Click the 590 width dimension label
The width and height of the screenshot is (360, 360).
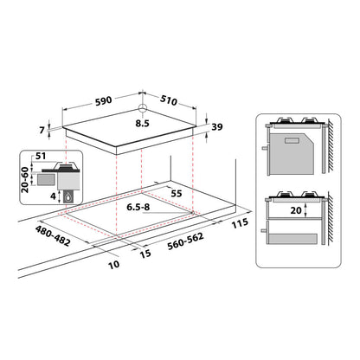(x=103, y=100)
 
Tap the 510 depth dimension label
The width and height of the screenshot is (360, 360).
(x=169, y=100)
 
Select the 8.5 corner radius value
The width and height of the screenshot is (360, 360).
(x=143, y=124)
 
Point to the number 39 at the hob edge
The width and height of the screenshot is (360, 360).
(x=217, y=126)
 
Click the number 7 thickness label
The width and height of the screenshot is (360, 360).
(x=42, y=130)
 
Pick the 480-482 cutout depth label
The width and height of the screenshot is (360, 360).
(x=53, y=236)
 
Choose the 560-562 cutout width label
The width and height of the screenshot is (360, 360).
(x=185, y=241)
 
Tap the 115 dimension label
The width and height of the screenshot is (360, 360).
(x=240, y=223)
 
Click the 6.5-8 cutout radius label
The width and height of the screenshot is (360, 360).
(x=138, y=207)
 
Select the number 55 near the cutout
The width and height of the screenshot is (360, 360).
(x=177, y=193)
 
